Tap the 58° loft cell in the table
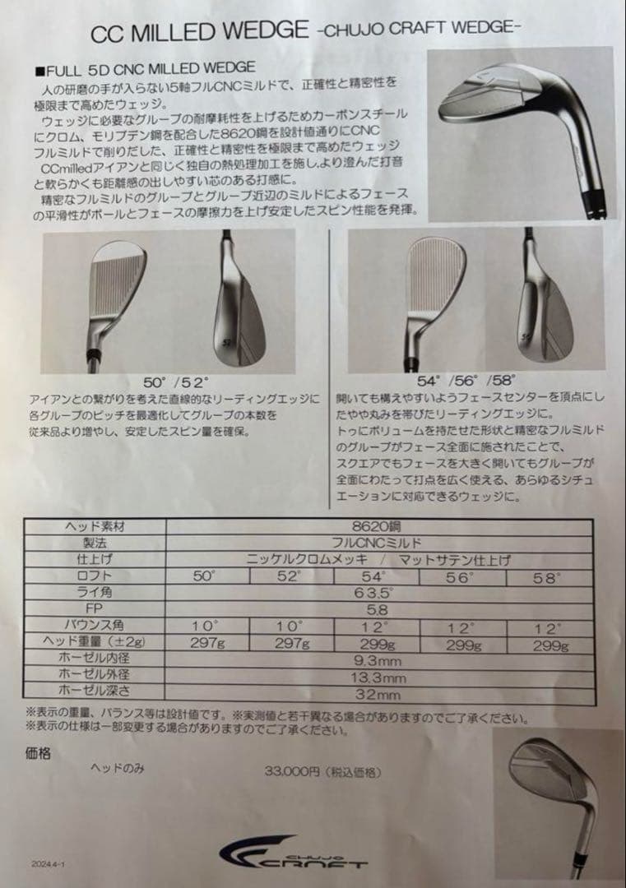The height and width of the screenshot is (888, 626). (546, 577)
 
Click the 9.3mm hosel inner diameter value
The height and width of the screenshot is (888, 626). (379, 661)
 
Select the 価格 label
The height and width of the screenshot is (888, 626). (39, 752)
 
